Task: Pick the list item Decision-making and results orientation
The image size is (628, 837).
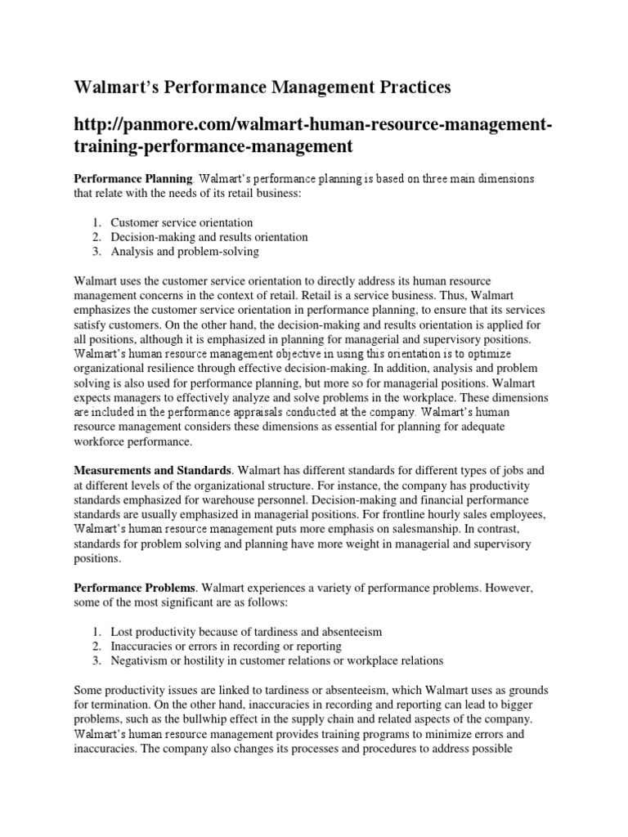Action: click(209, 237)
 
